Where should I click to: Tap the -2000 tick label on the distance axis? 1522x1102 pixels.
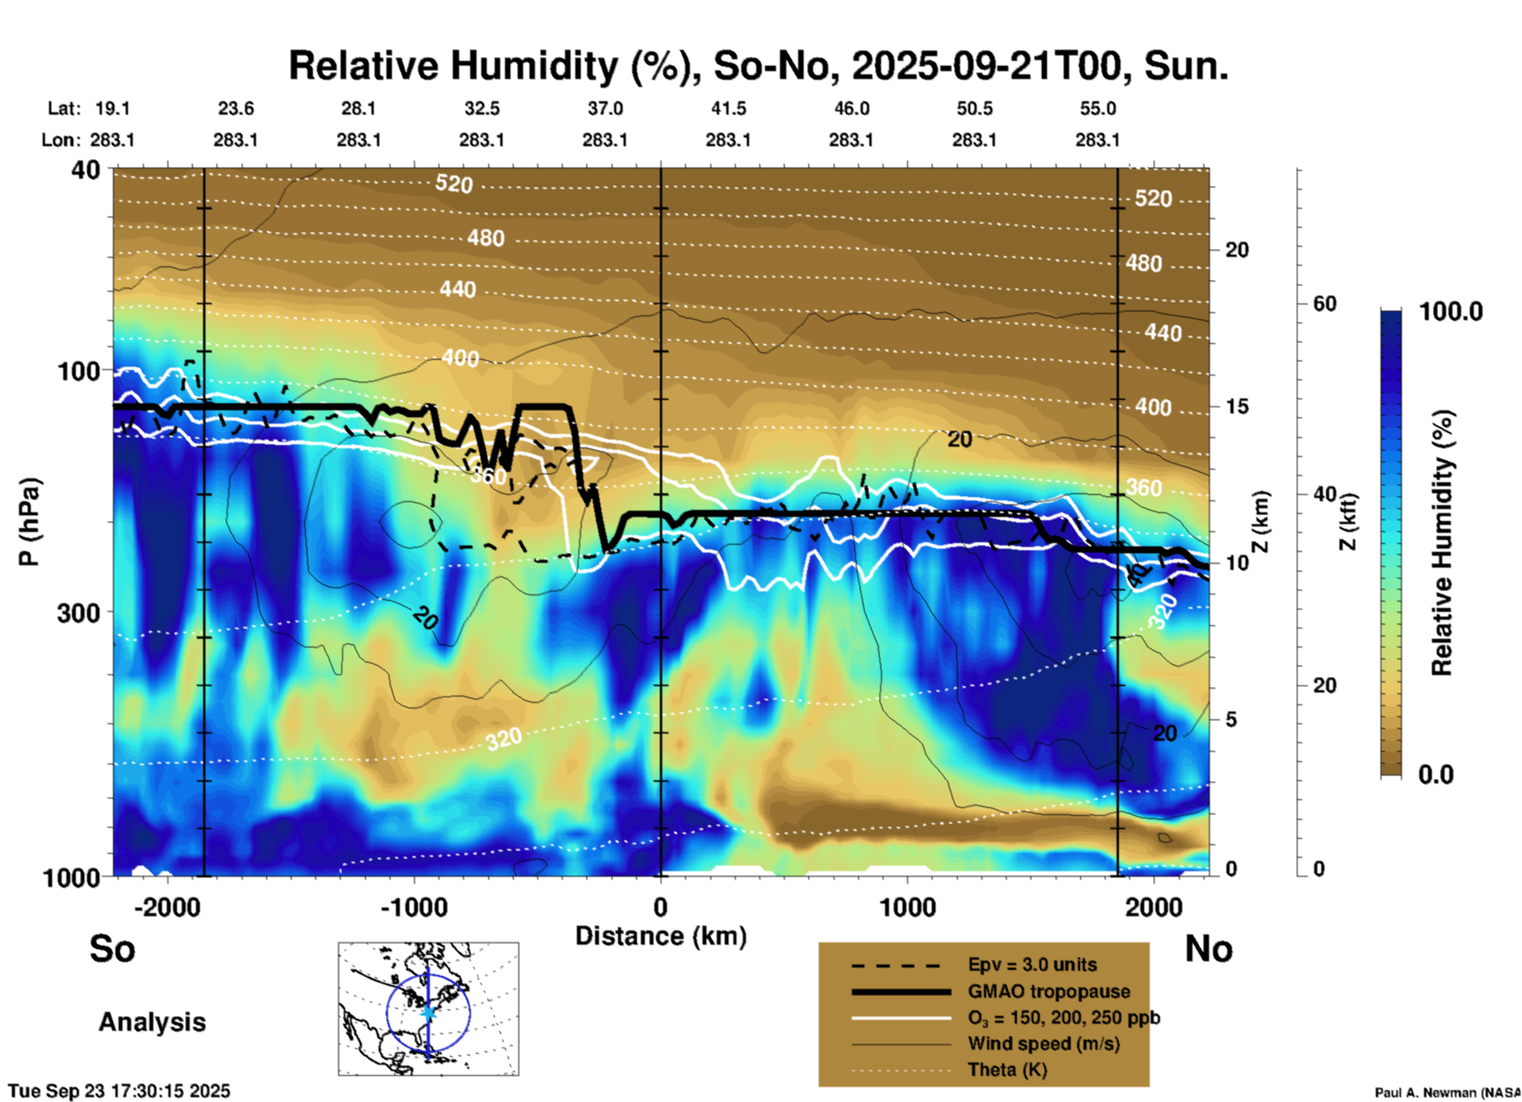(x=168, y=907)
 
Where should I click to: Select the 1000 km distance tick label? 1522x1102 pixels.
(x=907, y=907)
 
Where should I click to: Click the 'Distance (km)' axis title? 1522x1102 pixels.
(x=661, y=936)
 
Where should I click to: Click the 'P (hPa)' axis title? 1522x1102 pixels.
(x=29, y=522)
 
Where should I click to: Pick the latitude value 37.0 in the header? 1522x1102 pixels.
(x=605, y=108)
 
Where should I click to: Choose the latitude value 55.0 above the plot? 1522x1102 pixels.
(x=1098, y=108)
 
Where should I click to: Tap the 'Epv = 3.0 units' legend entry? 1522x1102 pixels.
(x=1032, y=964)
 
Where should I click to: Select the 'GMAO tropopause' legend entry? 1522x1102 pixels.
(x=1049, y=991)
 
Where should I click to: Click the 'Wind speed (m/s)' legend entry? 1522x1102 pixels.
(x=1043, y=1044)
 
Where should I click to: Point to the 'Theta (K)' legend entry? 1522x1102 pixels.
(x=1007, y=1070)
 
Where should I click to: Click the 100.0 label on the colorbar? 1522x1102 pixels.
(x=1451, y=311)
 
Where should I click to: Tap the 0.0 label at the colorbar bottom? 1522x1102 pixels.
(x=1436, y=775)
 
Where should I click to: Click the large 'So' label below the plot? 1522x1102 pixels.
(x=112, y=949)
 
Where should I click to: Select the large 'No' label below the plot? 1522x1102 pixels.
(x=1208, y=949)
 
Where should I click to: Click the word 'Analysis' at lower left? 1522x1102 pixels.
(x=152, y=1022)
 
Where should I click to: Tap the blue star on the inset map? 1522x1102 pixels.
(x=428, y=1013)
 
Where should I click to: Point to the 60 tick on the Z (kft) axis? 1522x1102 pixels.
(x=1324, y=304)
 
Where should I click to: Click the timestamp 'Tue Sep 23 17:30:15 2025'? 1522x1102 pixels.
(x=119, y=1091)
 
